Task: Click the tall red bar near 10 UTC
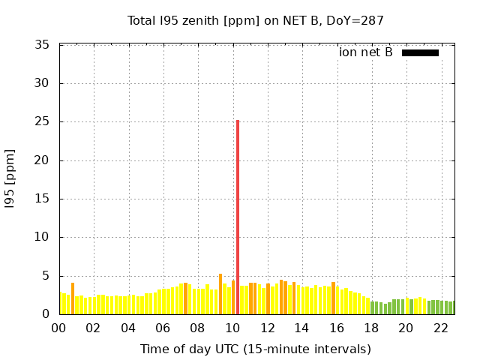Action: tap(238, 217)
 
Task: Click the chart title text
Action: tap(255, 20)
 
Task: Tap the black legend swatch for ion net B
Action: tap(420, 52)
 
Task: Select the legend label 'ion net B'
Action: tap(365, 52)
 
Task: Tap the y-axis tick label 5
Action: tap(46, 276)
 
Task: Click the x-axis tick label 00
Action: tap(58, 328)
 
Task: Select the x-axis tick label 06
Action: tap(163, 328)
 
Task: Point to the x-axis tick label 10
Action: tap(232, 328)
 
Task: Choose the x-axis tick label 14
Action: tap(301, 328)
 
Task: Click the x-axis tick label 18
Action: tap(371, 328)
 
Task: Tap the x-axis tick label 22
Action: tap(440, 328)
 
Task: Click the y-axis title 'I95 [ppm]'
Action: tap(10, 180)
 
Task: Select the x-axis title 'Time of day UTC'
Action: tap(255, 349)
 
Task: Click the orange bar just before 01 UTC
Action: tap(73, 298)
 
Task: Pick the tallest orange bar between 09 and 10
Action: tap(220, 294)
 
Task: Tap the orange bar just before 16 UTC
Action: tap(333, 298)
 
